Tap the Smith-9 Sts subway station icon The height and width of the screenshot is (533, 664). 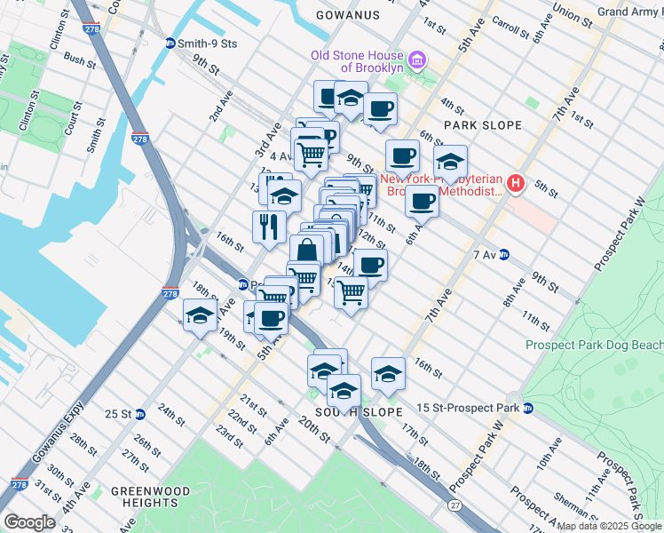point(170,43)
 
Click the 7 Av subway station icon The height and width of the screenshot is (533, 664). point(504,255)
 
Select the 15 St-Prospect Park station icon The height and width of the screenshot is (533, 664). point(528,408)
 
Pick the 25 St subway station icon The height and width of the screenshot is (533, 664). point(140,414)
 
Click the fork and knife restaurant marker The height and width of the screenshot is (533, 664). point(267,226)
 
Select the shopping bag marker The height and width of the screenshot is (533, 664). point(306,250)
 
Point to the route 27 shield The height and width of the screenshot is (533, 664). point(455,505)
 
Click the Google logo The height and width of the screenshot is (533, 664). point(28,522)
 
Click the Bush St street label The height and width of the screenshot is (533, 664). point(80,61)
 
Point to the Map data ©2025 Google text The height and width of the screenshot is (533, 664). point(609,526)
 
